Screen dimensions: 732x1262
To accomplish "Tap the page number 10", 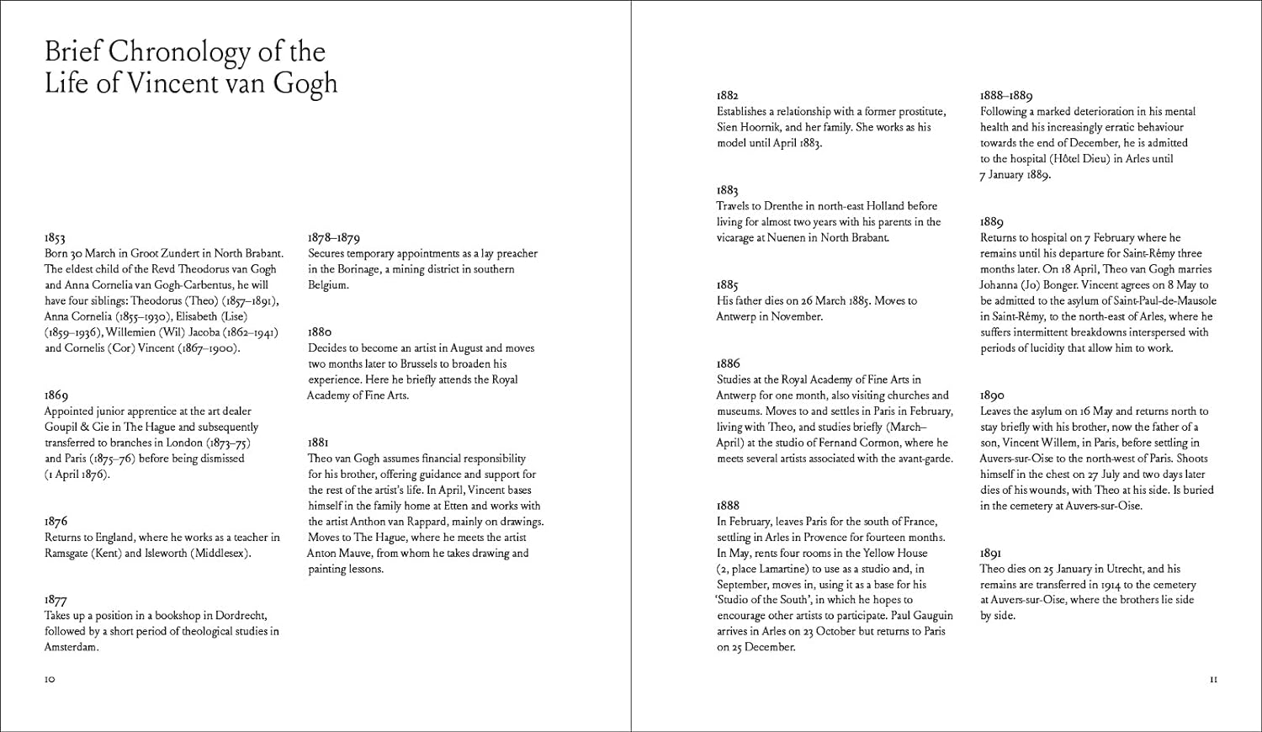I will pyautogui.click(x=50, y=679).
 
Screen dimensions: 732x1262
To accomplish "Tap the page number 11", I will pyautogui.click(x=1212, y=679).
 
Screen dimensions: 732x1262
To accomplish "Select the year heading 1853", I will pyautogui.click(x=55, y=238).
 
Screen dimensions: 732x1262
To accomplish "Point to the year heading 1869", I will pyautogui.click(x=56, y=395).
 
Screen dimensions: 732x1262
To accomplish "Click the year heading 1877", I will pyautogui.click(x=56, y=600).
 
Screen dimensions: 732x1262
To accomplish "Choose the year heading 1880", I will pyautogui.click(x=320, y=332).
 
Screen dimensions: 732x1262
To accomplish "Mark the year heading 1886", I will pyautogui.click(x=729, y=363).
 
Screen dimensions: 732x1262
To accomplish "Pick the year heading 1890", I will pyautogui.click(x=993, y=395).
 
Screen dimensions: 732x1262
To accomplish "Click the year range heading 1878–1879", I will pyautogui.click(x=334, y=238).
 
